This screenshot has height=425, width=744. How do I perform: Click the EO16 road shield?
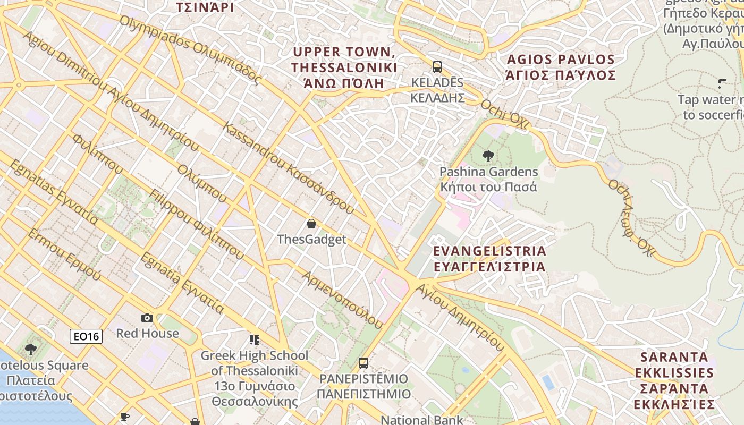[86, 336]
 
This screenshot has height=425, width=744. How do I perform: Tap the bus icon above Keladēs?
[437, 67]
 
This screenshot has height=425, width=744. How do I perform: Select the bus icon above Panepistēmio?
[363, 363]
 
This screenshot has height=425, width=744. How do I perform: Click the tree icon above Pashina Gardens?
[488, 156]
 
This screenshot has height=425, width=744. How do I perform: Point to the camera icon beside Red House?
[147, 318]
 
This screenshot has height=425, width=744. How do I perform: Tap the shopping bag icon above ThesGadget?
[311, 224]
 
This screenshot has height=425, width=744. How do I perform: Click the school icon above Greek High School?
[255, 339]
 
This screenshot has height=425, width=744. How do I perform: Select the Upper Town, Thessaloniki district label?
[344, 67]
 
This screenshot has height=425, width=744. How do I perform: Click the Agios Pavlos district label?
[561, 67]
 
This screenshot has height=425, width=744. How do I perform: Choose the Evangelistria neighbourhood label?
[489, 258]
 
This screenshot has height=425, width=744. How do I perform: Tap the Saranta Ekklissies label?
[674, 380]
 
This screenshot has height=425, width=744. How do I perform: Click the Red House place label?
[147, 333]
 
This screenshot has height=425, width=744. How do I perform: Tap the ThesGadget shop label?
[311, 240]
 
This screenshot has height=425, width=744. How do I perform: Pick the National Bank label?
[421, 420]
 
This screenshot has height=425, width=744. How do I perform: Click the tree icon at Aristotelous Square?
[30, 350]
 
